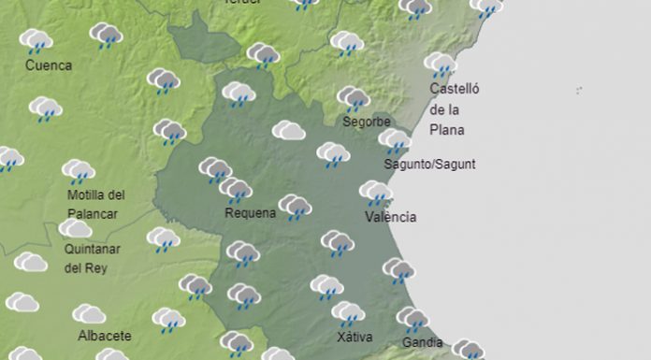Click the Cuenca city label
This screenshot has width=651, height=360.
50,66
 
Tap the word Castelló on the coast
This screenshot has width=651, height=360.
454,89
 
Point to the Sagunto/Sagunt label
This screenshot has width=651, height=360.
430,165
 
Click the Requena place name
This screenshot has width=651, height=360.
251,213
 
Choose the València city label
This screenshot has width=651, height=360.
391,218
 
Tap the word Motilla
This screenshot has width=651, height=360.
87,195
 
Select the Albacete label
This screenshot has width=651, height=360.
105,336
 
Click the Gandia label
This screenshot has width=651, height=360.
422,342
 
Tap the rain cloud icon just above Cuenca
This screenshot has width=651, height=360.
36,41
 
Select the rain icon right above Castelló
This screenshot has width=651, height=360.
439,65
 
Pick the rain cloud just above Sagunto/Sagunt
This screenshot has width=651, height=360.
394,142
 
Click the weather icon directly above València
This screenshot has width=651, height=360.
376,194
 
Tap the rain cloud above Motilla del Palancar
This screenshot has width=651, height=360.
79,172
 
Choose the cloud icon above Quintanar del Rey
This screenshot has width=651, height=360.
75,228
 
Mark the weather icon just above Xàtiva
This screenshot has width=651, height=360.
348,313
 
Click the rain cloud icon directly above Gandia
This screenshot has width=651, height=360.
411,319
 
